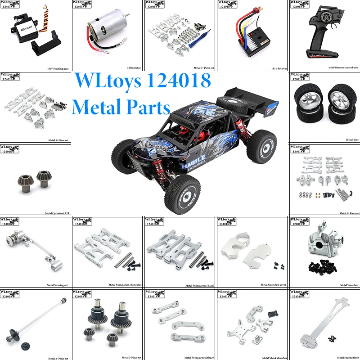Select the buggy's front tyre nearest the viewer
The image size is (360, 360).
tap(182, 194)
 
